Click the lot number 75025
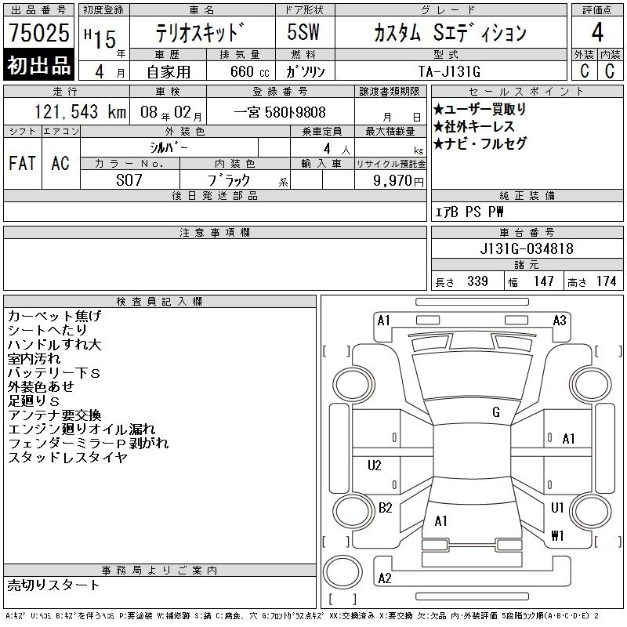[38, 32]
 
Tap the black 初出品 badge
[38, 65]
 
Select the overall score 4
[597, 32]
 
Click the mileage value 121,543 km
[80, 111]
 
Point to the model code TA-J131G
[449, 71]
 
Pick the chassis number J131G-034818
[527, 248]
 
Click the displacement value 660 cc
[249, 71]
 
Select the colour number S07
[129, 180]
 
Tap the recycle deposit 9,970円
[398, 180]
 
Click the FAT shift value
[22, 163]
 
